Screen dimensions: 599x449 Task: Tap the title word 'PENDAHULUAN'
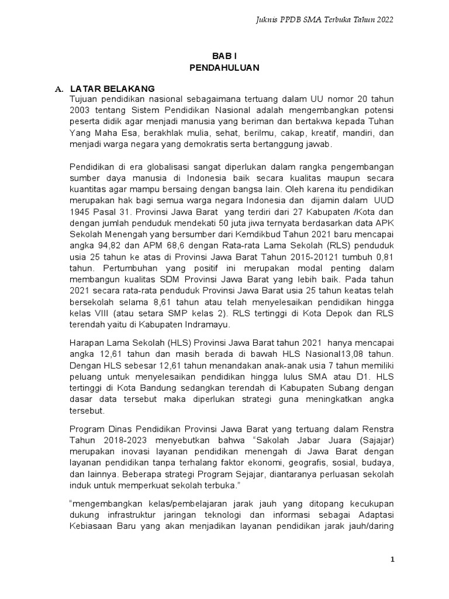pos(224,67)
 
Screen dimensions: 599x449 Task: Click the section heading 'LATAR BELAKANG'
pos(112,88)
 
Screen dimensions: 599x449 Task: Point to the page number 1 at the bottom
pos(393,560)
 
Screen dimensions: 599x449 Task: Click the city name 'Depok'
pos(333,312)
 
